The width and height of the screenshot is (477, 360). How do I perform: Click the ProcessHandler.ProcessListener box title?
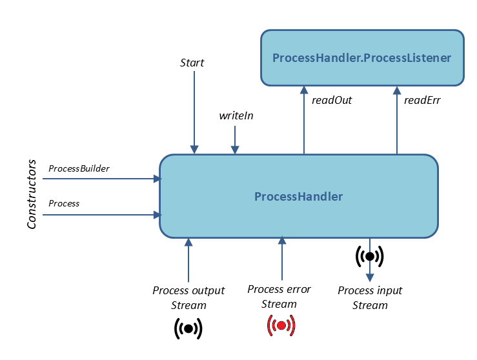click(x=361, y=57)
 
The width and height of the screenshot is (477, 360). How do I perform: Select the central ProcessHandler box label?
click(x=298, y=196)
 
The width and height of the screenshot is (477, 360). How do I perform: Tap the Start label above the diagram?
click(x=192, y=63)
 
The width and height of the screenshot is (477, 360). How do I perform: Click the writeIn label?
click(x=235, y=115)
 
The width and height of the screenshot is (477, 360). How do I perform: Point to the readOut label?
click(x=331, y=100)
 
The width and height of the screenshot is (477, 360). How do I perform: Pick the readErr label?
click(x=421, y=100)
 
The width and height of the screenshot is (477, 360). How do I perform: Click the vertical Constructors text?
click(x=32, y=195)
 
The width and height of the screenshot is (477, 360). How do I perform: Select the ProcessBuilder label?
click(x=79, y=168)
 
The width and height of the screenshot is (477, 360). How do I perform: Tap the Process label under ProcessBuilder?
click(x=64, y=203)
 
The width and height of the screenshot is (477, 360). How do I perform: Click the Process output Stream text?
click(x=188, y=297)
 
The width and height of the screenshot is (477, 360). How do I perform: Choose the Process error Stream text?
click(x=279, y=296)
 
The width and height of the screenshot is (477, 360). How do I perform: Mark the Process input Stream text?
click(x=370, y=297)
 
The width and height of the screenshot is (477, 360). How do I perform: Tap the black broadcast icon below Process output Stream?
click(x=188, y=328)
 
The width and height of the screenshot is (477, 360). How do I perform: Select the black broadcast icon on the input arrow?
click(x=370, y=256)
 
